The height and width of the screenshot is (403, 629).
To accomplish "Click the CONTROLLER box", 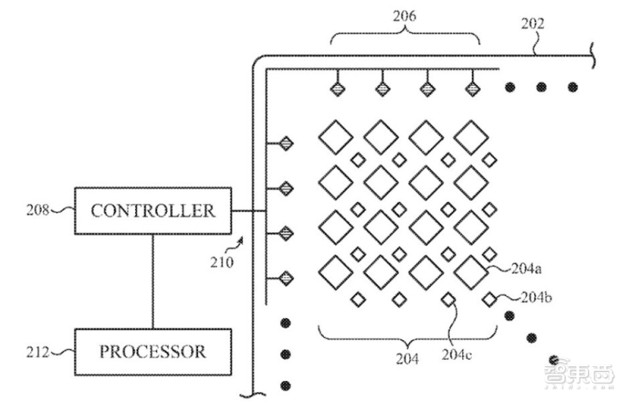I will coord(153,210).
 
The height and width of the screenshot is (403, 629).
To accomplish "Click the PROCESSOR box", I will coord(153,350).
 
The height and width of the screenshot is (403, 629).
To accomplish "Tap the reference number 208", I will coord(36,210).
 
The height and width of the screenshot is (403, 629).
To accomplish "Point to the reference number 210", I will coord(223,261).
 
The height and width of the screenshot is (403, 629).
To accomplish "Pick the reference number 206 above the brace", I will coord(406,13).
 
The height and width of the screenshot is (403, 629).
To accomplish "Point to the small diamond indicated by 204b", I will coord(490,299).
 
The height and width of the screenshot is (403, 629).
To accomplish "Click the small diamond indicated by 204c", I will coord(448,299).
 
